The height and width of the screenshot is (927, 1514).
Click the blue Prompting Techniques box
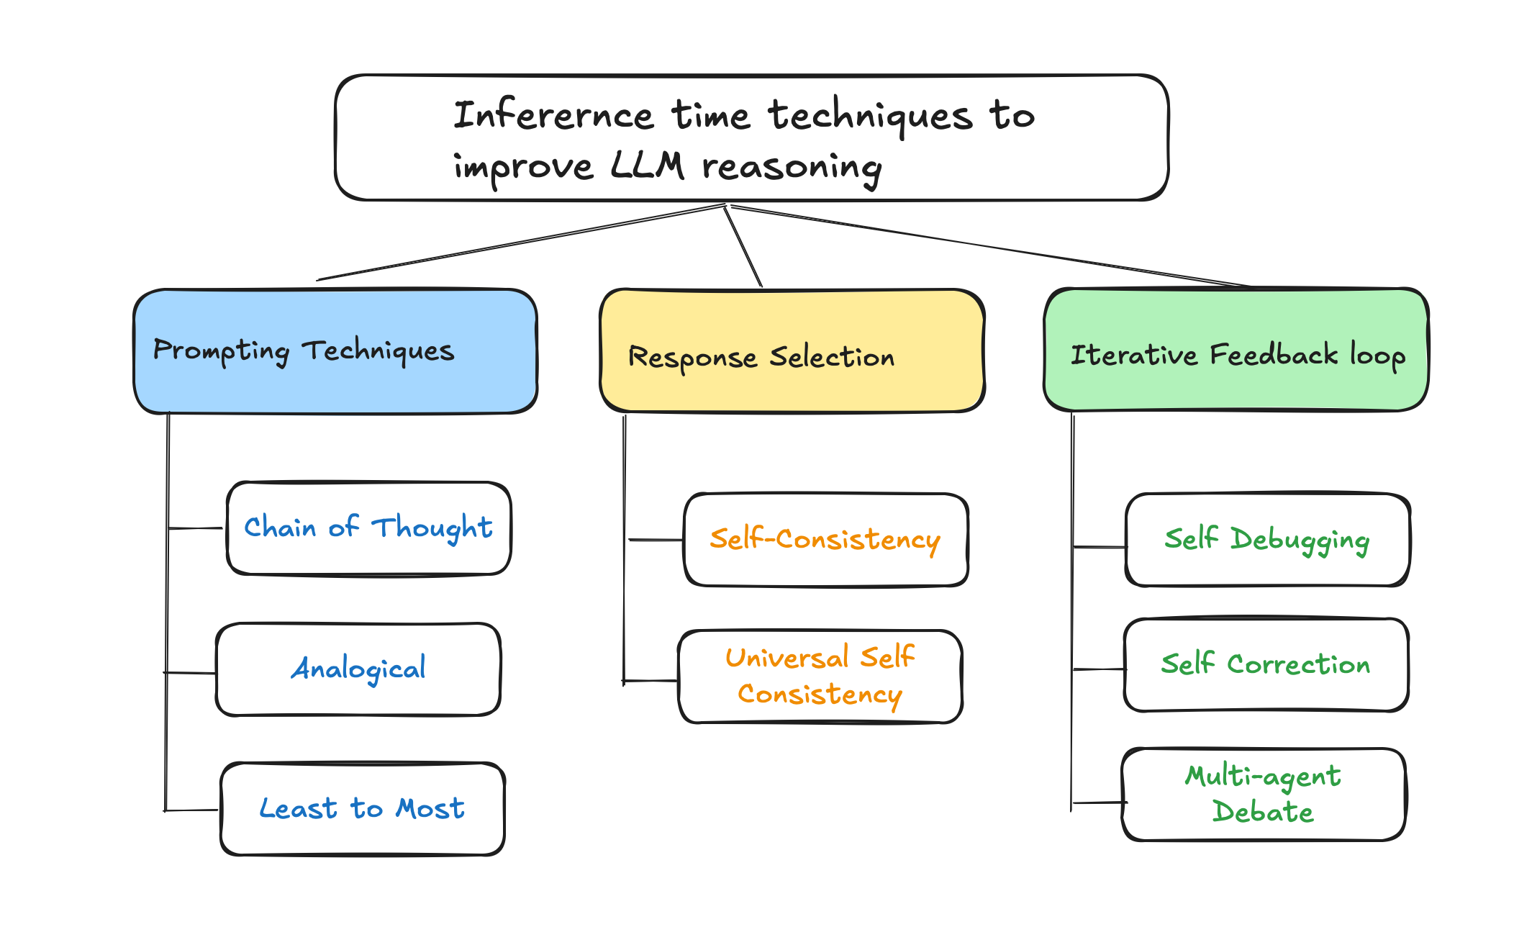[x=335, y=351]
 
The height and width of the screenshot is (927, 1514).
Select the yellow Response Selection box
[x=792, y=352]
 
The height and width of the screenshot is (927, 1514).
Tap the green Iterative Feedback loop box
[x=1236, y=351]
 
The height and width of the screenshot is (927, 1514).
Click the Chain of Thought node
[x=368, y=528]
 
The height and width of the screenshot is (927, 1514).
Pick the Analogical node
[x=358, y=669]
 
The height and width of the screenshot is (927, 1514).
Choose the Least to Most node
[x=362, y=809]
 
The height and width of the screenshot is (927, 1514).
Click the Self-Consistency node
[x=825, y=540]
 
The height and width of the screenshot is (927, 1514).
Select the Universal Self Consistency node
[x=820, y=677]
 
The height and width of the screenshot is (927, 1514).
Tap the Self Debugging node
[x=1266, y=540]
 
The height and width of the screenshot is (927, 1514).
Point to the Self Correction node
[x=1265, y=665]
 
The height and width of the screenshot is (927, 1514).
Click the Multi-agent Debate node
[x=1263, y=795]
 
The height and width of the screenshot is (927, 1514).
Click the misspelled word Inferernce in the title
[x=553, y=115]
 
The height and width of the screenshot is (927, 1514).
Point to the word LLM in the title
[x=646, y=166]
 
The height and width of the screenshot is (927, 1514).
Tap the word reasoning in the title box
[x=792, y=168]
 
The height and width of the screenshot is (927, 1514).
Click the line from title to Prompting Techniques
[x=518, y=243]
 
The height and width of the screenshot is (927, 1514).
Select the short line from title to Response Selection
[x=743, y=247]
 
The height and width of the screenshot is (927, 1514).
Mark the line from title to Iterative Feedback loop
[x=993, y=247]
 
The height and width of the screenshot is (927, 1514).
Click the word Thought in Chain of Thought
[x=432, y=528]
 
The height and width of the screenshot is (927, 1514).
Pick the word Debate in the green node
[x=1263, y=812]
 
